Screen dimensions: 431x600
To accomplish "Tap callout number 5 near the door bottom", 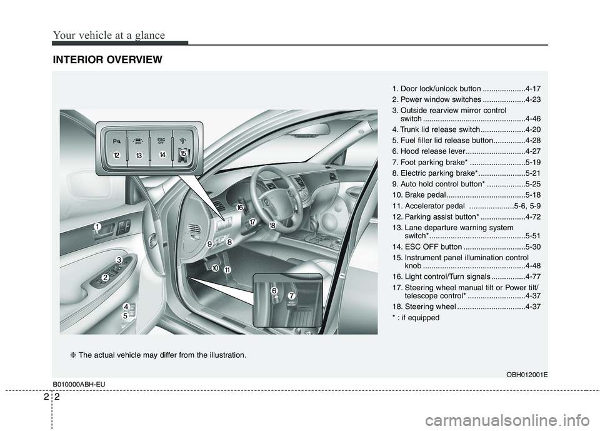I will click(125, 317).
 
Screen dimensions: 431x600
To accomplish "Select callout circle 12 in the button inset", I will click(116, 155).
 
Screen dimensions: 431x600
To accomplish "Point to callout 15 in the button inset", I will click(183, 153).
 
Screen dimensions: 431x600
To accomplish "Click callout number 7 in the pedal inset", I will click(291, 295).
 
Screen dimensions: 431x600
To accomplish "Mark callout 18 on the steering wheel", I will click(272, 225).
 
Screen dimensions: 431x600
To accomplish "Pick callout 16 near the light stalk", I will click(239, 207).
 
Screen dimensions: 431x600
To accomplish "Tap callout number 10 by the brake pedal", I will click(215, 268).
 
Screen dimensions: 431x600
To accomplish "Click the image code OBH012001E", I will click(523, 373).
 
